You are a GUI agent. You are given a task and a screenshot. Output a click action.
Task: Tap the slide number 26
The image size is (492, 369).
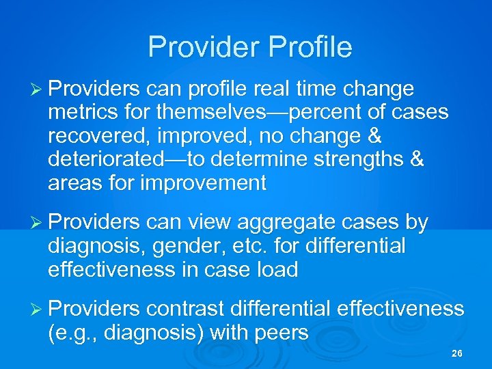pyautogui.click(x=457, y=354)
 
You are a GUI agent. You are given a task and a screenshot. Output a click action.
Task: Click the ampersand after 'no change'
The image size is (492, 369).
pyautogui.click(x=373, y=137)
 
